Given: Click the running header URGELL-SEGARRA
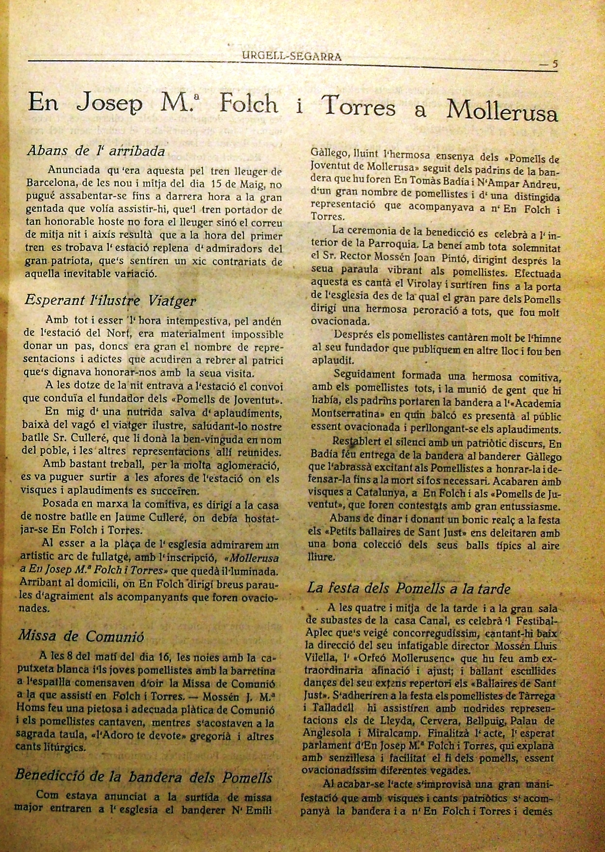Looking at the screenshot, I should click(292, 56).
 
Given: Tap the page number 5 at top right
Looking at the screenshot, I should click(554, 63).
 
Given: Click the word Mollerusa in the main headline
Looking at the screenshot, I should click(501, 110).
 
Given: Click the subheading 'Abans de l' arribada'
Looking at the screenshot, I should click(96, 151).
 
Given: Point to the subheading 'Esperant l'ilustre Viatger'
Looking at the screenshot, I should click(110, 300).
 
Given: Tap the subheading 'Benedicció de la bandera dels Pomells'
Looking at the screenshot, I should click(144, 776).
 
